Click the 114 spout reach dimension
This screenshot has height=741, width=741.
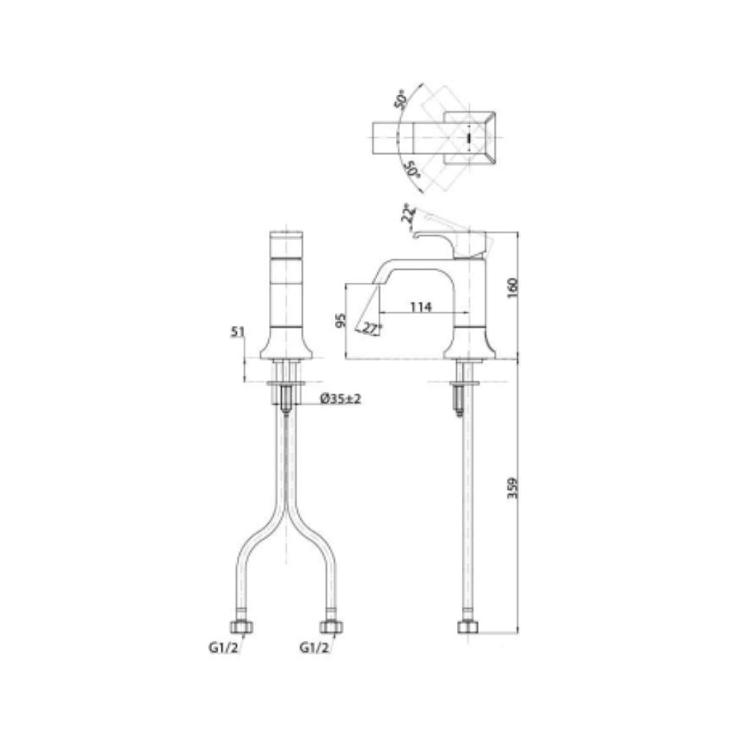click(421, 307)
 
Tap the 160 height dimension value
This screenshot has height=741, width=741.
click(513, 287)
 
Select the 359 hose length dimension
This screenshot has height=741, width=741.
click(513, 488)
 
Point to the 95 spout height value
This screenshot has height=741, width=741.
click(341, 320)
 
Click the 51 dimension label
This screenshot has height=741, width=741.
click(237, 332)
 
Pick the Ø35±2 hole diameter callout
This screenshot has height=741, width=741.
click(341, 399)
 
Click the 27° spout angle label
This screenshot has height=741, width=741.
click(372, 329)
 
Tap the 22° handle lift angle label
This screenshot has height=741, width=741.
click(408, 214)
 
